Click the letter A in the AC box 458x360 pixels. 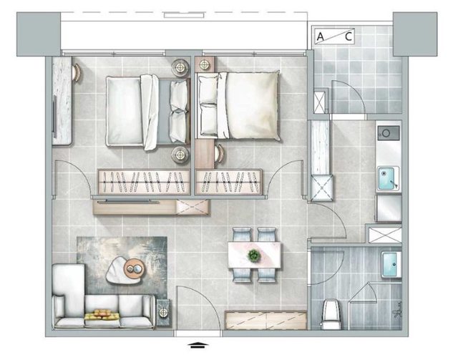tap(321, 37)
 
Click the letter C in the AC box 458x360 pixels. tap(349, 37)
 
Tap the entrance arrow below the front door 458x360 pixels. tap(198, 345)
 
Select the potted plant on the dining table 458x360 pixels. tap(254, 255)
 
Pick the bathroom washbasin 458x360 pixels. tap(391, 264)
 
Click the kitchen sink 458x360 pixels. tap(388, 178)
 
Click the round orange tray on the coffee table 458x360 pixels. tap(135, 268)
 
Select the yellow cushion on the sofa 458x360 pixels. tap(102, 315)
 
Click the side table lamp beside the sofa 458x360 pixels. tap(162, 313)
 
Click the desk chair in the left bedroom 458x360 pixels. tap(77, 73)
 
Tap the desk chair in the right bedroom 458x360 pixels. tap(220, 153)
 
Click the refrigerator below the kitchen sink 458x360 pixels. tap(389, 208)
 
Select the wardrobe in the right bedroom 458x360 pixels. tap(229, 182)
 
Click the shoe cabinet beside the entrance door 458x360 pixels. tap(265, 320)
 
